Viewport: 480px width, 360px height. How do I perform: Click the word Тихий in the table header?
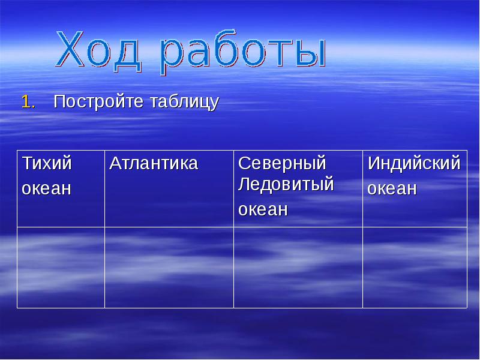point(47,163)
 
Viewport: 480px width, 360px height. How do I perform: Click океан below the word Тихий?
point(46,188)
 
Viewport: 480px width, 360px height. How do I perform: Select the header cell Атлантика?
point(154,163)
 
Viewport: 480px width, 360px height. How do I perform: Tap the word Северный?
point(282,163)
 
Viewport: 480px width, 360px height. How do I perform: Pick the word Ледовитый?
point(286,184)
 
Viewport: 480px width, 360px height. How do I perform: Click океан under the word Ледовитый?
point(263,209)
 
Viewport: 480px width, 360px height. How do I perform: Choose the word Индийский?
point(414,163)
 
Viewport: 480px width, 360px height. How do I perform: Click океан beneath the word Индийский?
point(392,188)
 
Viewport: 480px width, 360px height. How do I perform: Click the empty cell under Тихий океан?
point(61,268)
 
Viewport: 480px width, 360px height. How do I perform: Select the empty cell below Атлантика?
point(169,268)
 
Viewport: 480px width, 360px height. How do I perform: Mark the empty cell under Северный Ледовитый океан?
point(298,268)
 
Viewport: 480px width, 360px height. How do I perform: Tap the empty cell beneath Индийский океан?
point(415,268)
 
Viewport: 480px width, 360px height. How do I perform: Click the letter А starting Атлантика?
point(115,163)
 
